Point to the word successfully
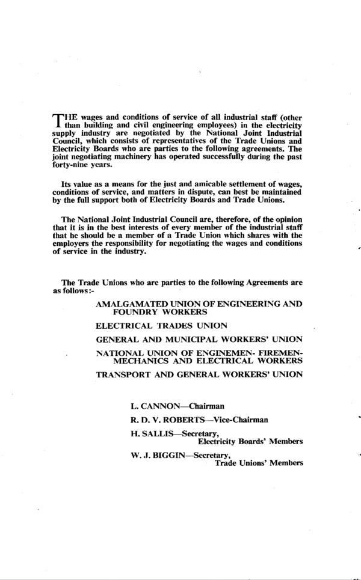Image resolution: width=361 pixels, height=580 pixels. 235,162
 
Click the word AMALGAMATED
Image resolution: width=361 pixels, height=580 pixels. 131,305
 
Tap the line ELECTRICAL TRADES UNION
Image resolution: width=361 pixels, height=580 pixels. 161,326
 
